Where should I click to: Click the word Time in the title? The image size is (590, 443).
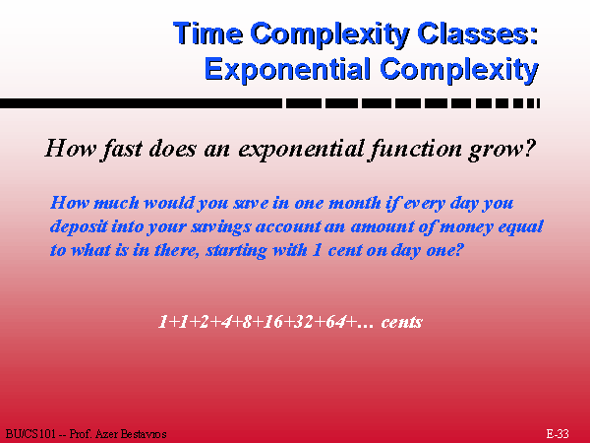point(208,32)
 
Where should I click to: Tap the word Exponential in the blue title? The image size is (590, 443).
point(288,69)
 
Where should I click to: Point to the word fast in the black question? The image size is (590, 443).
point(122,149)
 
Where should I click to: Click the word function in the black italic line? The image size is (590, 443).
point(415,149)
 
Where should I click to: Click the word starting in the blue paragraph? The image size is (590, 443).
point(236,250)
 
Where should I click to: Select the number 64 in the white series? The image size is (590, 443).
point(335,322)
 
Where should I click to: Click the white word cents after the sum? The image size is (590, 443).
point(401,323)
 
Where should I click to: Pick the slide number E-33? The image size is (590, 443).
point(558,434)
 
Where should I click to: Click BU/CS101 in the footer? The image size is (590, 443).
point(30,434)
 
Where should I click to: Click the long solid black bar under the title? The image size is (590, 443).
point(141,103)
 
